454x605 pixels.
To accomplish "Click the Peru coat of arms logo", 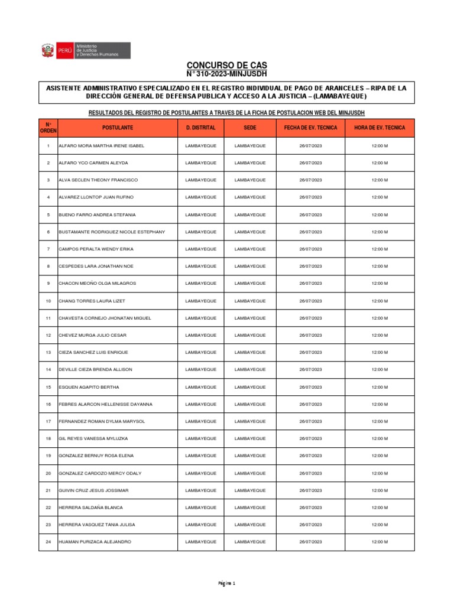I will click(47, 51).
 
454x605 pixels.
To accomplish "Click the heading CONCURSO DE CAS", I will click(227, 64).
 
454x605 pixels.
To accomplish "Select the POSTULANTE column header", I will click(117, 128).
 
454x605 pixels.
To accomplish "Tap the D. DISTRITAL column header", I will click(200, 128).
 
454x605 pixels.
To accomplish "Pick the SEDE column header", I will click(250, 128).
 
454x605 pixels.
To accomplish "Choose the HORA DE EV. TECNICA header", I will click(380, 128).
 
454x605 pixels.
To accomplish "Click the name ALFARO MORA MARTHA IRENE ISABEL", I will click(101, 145).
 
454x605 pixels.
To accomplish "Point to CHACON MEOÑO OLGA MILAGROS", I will click(97, 284).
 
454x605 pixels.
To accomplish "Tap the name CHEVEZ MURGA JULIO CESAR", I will click(92, 335).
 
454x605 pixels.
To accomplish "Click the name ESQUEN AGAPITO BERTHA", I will click(89, 387).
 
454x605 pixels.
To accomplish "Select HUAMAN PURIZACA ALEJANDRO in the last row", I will click(95, 542).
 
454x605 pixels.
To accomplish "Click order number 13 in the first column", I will click(48, 352).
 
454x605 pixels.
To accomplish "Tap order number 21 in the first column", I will click(48, 490).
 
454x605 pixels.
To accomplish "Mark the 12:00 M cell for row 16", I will click(380, 404).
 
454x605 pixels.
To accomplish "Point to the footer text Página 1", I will click(227, 584).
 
